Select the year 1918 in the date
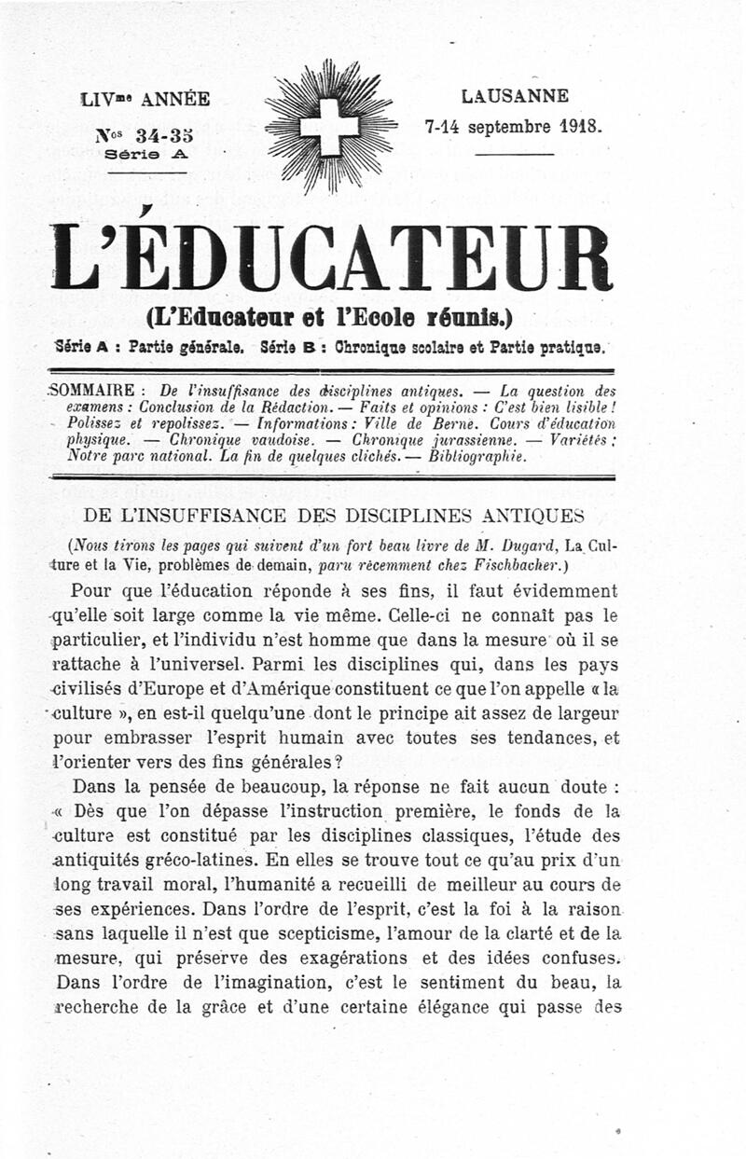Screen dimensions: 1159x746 coord(581,124)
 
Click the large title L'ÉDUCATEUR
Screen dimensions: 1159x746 coord(332,256)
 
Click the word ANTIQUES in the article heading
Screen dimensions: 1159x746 coord(534,516)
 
